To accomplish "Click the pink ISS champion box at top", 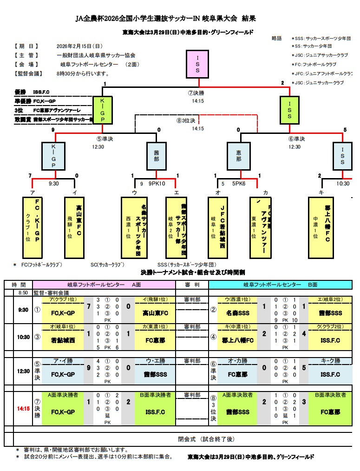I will click(197, 65).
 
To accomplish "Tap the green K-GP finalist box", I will click(103, 110).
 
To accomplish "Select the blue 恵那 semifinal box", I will click(239, 155).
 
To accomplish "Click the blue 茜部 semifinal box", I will click(157, 155).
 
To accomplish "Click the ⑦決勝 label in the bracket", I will click(198, 93).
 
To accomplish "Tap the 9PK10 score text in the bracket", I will click(157, 184).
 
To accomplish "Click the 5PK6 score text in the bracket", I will click(239, 184).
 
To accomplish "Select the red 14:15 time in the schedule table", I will click(23, 409).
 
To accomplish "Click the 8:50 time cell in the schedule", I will click(23, 293).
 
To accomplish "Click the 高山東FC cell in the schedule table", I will click(155, 313).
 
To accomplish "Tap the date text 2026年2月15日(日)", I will click(79, 46).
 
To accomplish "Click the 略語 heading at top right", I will click(277, 39).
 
